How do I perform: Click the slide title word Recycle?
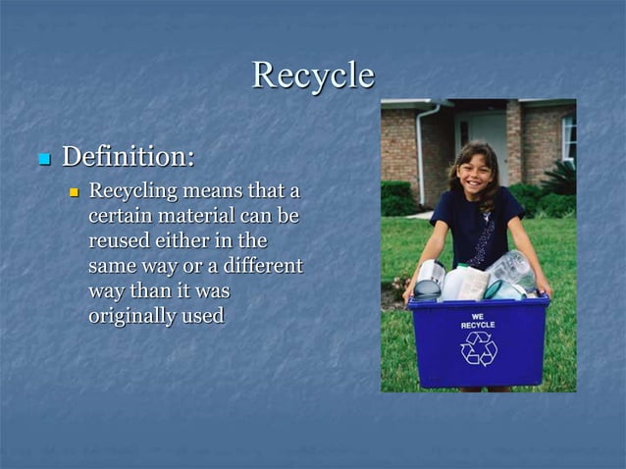(x=313, y=76)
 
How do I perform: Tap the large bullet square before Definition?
(x=42, y=158)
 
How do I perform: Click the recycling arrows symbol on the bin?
(x=479, y=348)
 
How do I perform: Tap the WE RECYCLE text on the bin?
(x=478, y=320)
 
